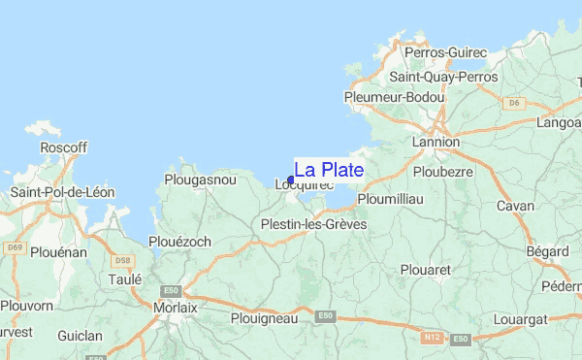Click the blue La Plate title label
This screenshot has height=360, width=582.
click(x=329, y=170)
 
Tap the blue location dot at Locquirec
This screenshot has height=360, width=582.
click(x=291, y=180)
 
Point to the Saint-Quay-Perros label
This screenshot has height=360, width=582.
click(x=442, y=77)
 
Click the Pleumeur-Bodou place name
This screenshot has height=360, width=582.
click(x=394, y=97)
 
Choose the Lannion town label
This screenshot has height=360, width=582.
click(x=436, y=142)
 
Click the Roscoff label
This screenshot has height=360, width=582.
click(x=64, y=147)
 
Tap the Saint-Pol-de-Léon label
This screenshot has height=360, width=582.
click(x=62, y=192)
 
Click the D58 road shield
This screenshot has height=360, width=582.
click(x=122, y=260)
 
